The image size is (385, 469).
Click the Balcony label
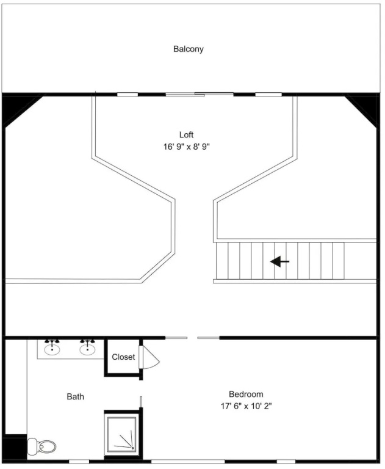pos(189,49)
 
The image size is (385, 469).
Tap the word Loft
pos(186,134)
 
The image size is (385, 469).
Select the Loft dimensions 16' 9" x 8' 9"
pos(186,147)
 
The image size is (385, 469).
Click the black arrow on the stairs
pos(280,261)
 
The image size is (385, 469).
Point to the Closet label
pos(123,357)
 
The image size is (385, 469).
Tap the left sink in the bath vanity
pos(52,349)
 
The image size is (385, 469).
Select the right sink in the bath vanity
pos(87,349)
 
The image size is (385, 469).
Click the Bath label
pos(75,396)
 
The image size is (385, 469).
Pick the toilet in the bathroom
pos(42,447)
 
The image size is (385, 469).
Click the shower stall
pos(122,434)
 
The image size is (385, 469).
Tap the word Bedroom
pos(246,394)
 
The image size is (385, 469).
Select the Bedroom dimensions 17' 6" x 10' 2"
pos(246,406)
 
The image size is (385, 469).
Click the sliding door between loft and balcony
pos(200,94)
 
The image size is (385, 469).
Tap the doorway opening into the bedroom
pos(193,338)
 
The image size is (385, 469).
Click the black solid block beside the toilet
pos(15,448)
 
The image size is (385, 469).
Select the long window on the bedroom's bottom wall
pos(184,462)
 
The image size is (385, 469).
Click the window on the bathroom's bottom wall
pos(79,462)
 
